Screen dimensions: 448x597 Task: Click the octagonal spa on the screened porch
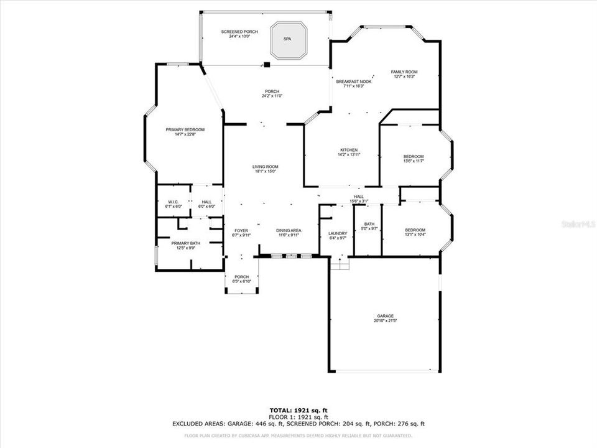(x=287, y=40)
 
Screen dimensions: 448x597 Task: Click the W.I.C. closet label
(x=173, y=203)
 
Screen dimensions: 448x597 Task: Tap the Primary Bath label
(x=185, y=245)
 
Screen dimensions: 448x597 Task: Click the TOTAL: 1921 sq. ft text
(x=298, y=410)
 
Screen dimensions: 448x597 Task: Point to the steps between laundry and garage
(x=340, y=264)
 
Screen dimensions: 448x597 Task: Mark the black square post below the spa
(x=266, y=64)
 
